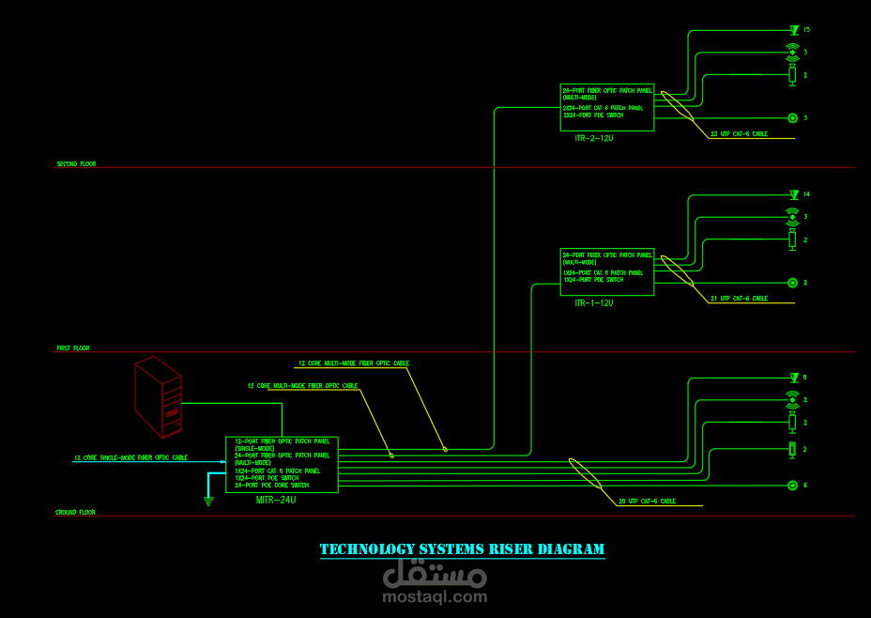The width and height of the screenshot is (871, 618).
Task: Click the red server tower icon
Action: click(x=158, y=395)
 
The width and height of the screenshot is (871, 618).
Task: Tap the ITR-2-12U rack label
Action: click(x=593, y=138)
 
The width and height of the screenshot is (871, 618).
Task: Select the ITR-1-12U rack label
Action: click(x=593, y=303)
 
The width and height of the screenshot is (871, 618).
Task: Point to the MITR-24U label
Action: click(x=276, y=500)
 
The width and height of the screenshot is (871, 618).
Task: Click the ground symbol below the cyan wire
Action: click(x=208, y=501)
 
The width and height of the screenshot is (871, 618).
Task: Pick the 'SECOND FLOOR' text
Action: click(x=76, y=164)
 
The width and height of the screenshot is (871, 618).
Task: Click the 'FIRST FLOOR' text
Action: click(x=73, y=348)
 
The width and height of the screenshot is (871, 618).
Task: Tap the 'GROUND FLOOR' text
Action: click(x=75, y=513)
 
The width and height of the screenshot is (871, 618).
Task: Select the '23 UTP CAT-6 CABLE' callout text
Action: click(x=739, y=134)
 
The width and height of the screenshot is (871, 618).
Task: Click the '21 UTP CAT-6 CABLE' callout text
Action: click(x=739, y=299)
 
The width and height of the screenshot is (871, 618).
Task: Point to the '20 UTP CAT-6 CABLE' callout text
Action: click(x=647, y=502)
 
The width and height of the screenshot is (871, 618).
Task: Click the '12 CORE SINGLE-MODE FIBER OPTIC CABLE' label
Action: click(x=130, y=458)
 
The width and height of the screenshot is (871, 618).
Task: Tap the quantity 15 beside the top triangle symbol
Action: click(x=806, y=30)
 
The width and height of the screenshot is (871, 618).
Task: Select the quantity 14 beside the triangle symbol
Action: click(x=806, y=194)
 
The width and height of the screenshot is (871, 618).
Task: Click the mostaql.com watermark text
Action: click(x=435, y=596)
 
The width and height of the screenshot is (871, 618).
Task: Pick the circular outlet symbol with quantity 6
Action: click(x=793, y=486)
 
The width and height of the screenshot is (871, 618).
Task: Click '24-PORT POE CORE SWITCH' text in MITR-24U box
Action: click(x=271, y=486)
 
